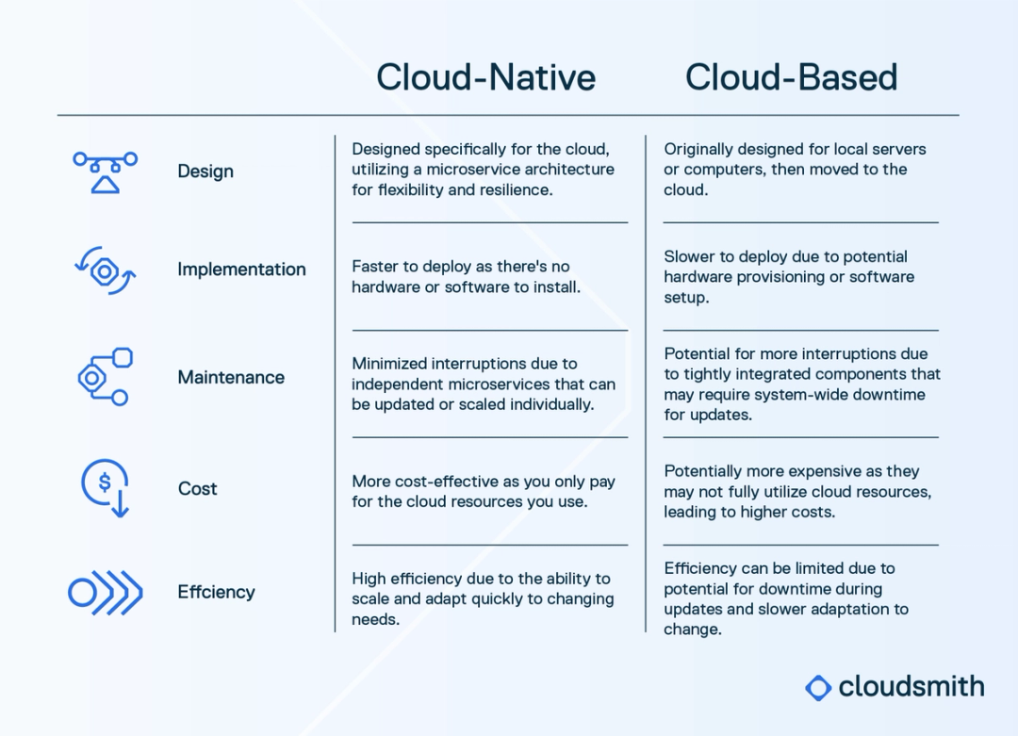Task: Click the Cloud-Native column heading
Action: pos(485,77)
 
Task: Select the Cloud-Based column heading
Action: pos(791,77)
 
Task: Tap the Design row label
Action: pos(205,172)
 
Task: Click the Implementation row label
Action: pos(241,270)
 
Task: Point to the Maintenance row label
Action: pos(231,377)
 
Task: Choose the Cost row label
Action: pos(197,488)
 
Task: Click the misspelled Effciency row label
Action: pos(216,592)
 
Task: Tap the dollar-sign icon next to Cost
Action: pos(105,486)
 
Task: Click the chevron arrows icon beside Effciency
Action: pos(106,593)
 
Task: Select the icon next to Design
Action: pos(105,172)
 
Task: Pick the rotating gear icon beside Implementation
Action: pos(105,271)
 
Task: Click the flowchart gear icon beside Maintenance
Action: pos(104,377)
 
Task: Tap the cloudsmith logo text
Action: pos(911,686)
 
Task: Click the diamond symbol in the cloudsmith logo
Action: pos(818,687)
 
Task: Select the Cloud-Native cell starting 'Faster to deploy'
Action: pos(466,277)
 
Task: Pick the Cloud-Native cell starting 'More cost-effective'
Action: pos(483,491)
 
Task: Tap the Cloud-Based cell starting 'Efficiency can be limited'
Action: pos(785,598)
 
